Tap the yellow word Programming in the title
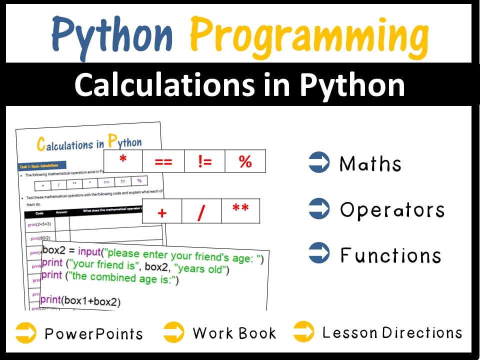tap(309, 34)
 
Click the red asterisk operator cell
tap(122, 161)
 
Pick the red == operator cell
tap(163, 161)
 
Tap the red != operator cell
tap(204, 161)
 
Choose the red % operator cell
tap(245, 161)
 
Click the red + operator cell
tap(161, 211)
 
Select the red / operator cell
tap(201, 211)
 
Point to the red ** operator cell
tap(240, 210)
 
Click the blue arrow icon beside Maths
tap(319, 163)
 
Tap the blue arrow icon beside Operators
tap(319, 209)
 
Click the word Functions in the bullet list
tap(390, 255)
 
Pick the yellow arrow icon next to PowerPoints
tap(25, 332)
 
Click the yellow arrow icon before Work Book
tap(173, 332)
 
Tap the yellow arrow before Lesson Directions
tap(303, 332)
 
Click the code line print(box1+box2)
tap(80, 301)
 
